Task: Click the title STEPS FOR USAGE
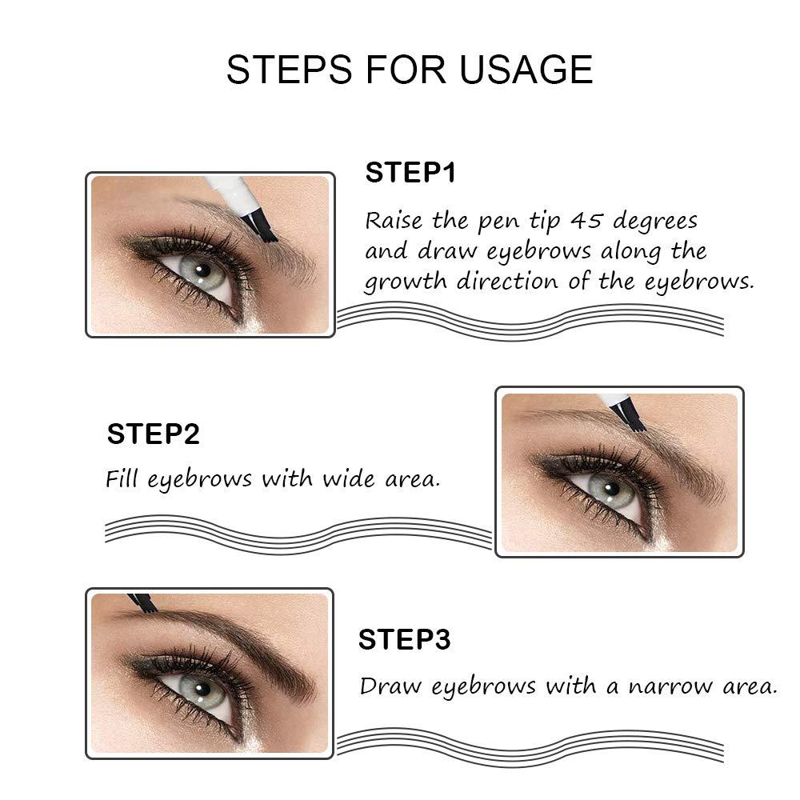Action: [x=409, y=70]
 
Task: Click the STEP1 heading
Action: [x=410, y=173]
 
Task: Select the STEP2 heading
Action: [x=153, y=434]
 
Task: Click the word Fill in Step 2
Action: [x=122, y=479]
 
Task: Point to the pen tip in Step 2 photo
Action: [x=627, y=418]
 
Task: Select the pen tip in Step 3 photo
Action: [x=143, y=602]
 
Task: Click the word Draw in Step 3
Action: [x=389, y=686]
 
